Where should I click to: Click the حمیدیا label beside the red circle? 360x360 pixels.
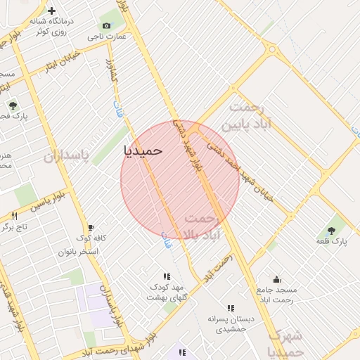point(143,150)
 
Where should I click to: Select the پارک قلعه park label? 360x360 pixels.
point(330,242)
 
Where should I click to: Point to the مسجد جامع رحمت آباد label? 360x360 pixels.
point(277,295)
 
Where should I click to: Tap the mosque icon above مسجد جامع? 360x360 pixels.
point(276,279)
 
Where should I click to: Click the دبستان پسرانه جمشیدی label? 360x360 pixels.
point(231,323)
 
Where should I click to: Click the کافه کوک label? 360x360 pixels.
point(91,238)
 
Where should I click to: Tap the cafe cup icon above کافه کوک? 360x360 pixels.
point(91,227)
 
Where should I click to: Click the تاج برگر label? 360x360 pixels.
point(15,227)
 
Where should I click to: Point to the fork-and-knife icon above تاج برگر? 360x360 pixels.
point(14,216)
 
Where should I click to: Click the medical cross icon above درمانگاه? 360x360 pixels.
point(51,11)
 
